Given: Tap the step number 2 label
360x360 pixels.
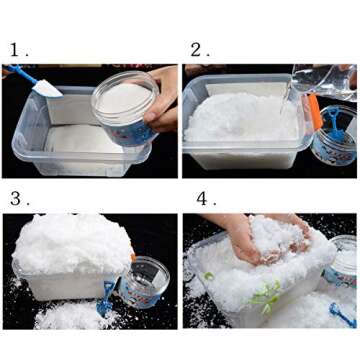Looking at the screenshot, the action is coord(200,50).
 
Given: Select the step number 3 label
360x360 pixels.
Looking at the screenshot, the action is coord(20,199).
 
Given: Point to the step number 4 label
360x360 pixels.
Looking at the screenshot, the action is coord(206,199).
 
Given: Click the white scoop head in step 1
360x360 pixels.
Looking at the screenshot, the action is coord(47,88).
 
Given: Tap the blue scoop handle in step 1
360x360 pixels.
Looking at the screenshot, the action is coord(21,73).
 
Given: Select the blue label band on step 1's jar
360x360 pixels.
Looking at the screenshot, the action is coord(133,133).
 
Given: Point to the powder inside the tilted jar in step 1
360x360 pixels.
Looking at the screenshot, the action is coord(124,97).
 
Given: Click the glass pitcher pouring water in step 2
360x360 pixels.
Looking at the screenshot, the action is coord(323,82).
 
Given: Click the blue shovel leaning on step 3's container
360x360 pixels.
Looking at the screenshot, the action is coord(106,298).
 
